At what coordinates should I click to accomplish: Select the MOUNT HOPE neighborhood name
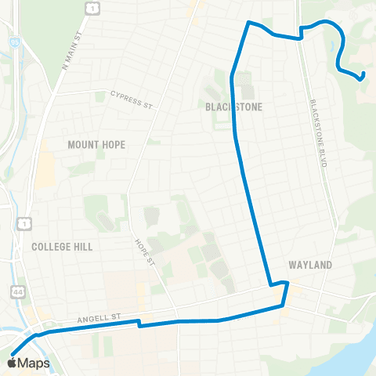point(96,145)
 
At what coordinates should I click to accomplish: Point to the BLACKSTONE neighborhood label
point(233,107)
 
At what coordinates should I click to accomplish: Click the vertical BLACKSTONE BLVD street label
point(317,133)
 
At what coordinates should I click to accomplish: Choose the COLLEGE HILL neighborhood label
point(62,246)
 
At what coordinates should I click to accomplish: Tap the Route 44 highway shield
point(16,292)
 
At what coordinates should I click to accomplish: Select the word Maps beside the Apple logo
point(34,362)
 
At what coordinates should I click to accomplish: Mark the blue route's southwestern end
point(13,353)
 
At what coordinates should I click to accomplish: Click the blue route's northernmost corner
point(250,23)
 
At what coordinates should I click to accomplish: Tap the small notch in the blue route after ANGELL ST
point(139,323)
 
